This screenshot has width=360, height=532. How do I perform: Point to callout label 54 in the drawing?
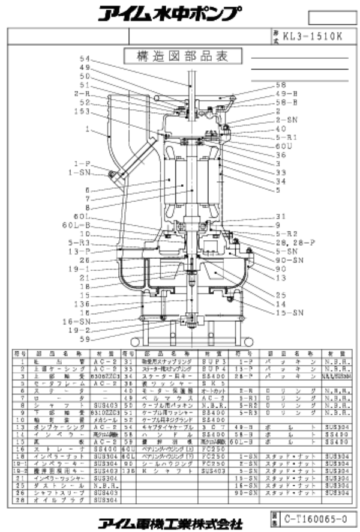click(x=83, y=59)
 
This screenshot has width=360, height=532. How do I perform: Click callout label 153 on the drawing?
click(x=82, y=111)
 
